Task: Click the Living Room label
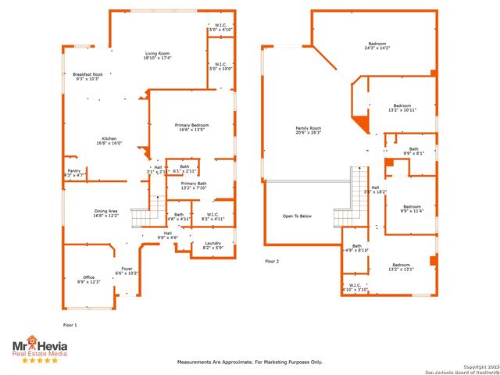point(158,55)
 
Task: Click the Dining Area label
point(105,212)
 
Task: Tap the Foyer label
point(126,271)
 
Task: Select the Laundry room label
point(212,245)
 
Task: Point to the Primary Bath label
point(193,185)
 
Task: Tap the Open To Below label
point(297,216)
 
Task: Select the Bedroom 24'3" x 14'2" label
point(377,45)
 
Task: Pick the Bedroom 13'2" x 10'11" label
point(402,108)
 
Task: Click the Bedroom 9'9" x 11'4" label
point(411,209)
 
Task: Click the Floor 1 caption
point(70,324)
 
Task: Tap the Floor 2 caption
point(272,261)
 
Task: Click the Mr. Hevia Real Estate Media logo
point(39,349)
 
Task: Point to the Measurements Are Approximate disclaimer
point(249,362)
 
